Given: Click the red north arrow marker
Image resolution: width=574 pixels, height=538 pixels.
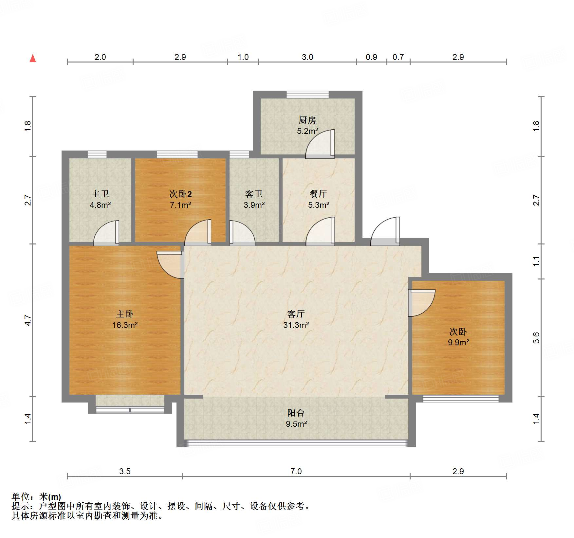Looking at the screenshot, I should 33,59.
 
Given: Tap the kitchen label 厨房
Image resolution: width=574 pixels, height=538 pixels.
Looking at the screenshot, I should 307,120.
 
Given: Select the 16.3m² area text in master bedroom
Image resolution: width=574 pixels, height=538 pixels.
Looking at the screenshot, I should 125,325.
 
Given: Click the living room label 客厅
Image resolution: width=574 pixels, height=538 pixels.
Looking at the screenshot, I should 296,314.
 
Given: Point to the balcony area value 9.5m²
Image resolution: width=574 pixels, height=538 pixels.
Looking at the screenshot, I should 296,424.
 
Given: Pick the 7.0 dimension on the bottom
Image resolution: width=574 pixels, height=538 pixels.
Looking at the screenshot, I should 296,471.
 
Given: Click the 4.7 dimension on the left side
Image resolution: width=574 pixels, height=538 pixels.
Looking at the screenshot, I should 28,320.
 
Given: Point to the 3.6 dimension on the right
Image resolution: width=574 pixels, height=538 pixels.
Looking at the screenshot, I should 536,337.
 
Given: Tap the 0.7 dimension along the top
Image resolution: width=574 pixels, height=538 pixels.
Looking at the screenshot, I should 398,57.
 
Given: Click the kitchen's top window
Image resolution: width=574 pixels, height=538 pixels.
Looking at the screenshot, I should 307,95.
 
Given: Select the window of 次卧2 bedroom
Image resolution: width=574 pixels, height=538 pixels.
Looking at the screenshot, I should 177,154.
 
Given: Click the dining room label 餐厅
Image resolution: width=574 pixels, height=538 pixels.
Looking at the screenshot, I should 318,194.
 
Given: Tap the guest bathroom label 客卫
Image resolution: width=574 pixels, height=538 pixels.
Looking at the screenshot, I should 254,194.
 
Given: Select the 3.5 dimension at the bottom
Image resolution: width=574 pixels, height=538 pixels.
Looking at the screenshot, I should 124,471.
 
